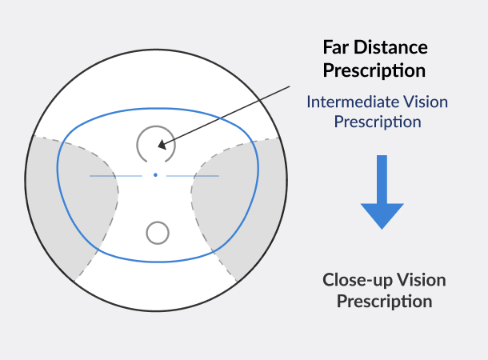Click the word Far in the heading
pyautogui.click(x=338, y=47)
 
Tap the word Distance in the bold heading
pyautogui.click(x=391, y=47)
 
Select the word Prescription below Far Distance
pyautogui.click(x=374, y=70)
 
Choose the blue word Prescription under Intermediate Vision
pyautogui.click(x=377, y=122)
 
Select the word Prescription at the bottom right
pyautogui.click(x=384, y=302)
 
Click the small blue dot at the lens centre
pyautogui.click(x=155, y=174)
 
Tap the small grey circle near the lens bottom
pyautogui.click(x=158, y=233)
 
